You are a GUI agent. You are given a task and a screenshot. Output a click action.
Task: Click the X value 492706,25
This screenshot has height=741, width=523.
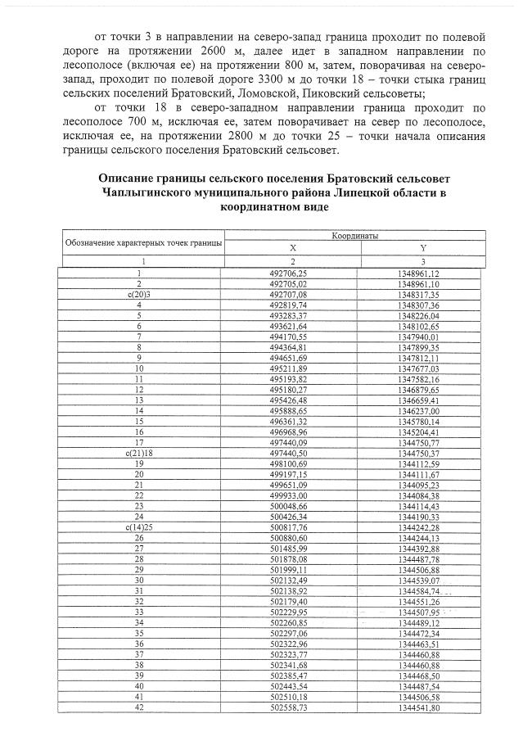click(x=292, y=273)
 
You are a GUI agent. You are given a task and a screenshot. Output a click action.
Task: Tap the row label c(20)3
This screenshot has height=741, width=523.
click(x=140, y=294)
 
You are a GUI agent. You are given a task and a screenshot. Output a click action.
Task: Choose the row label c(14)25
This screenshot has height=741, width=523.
click(x=140, y=526)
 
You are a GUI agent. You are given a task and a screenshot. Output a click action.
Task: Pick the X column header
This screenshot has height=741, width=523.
click(x=292, y=246)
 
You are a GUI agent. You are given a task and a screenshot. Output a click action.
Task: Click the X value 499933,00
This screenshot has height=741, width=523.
click(x=292, y=495)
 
